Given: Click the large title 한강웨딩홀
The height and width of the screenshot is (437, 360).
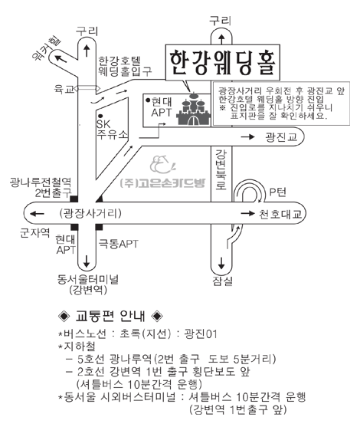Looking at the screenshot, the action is (x=223, y=63).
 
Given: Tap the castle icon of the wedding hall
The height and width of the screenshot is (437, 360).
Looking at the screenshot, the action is (x=194, y=109).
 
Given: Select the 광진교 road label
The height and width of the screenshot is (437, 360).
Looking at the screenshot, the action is (x=281, y=136).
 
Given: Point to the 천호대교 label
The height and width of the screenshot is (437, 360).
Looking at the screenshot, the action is (x=280, y=214).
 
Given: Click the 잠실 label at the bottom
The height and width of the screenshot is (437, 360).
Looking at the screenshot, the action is (x=222, y=281).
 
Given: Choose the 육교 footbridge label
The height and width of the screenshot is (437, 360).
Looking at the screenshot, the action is (x=64, y=89).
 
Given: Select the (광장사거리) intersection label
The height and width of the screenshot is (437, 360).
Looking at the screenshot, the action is (x=90, y=214).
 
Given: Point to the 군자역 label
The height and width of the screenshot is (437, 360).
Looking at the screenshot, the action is (x=35, y=232).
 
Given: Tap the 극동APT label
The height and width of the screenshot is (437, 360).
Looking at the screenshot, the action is (x=118, y=244).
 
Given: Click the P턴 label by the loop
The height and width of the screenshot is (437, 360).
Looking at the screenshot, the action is (x=277, y=192).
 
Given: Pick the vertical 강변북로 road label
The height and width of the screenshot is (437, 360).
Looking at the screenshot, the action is (x=221, y=169).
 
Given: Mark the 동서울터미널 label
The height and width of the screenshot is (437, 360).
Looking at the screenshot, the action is (x=88, y=279).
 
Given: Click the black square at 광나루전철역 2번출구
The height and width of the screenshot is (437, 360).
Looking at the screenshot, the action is (x=74, y=199).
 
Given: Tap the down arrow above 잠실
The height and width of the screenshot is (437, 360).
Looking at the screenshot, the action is (x=221, y=263).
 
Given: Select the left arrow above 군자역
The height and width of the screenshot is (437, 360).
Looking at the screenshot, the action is (x=37, y=214).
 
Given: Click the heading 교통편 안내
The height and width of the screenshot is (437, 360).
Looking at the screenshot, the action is (x=110, y=316).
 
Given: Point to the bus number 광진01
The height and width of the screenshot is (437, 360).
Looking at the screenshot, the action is (x=201, y=333).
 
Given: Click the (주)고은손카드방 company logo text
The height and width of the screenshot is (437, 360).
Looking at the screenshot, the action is (x=162, y=182).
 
